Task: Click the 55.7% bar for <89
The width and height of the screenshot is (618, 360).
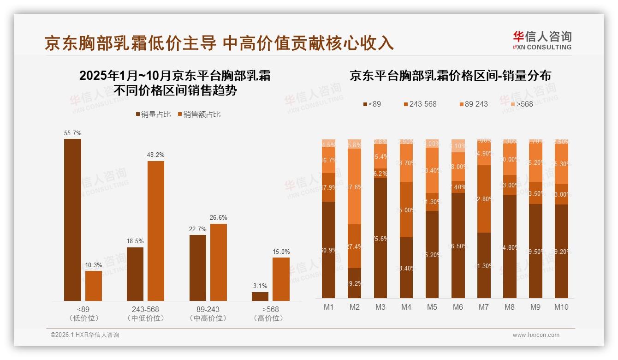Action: pos(72,220)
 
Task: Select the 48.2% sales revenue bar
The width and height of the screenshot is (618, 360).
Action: pos(155,231)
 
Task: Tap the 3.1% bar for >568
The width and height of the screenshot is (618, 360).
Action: pos(260,296)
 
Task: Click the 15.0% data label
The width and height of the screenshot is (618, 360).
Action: pos(281,252)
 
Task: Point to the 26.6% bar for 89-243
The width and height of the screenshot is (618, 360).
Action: pos(218,262)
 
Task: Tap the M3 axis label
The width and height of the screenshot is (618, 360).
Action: pos(380,307)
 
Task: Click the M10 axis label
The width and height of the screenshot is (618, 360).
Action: pos(561,307)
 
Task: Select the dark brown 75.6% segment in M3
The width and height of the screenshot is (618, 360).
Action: pos(380,238)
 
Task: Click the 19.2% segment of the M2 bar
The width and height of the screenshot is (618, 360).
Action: pos(355,283)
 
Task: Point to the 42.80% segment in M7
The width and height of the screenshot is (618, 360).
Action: pos(484,198)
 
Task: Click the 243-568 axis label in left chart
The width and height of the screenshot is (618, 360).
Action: pos(146,309)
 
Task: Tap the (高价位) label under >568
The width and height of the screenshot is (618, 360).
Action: pos(268,318)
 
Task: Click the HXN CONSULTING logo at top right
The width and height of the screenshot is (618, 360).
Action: pos(542,41)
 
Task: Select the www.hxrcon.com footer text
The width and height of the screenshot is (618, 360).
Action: pos(536,335)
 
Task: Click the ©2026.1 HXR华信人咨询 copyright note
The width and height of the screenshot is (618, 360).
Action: pos(84,335)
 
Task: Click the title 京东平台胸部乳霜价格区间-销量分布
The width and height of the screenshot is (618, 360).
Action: pos(450,76)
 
